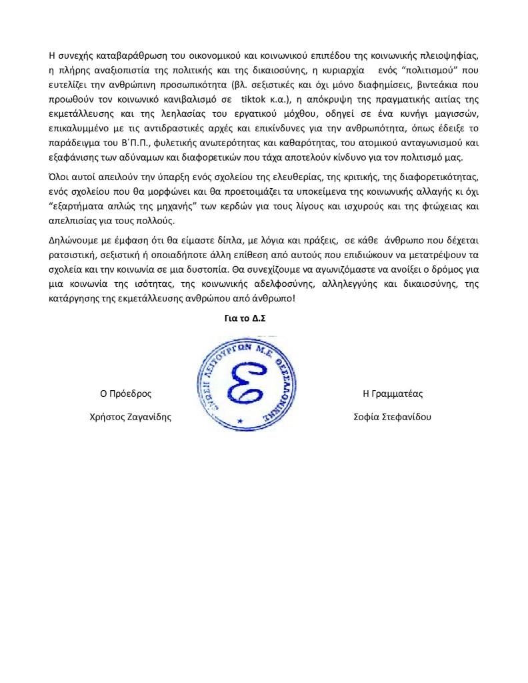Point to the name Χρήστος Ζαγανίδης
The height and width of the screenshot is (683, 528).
coord(130,417)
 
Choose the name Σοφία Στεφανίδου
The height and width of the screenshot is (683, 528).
coord(393,417)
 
